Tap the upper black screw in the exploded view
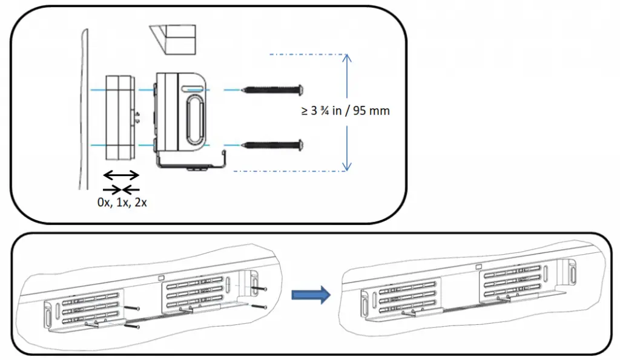272,90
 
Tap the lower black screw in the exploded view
272,145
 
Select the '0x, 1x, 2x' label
122,203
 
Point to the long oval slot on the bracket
194,116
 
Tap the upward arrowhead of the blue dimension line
346,59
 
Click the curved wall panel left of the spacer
83,109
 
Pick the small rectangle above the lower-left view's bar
161,278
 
